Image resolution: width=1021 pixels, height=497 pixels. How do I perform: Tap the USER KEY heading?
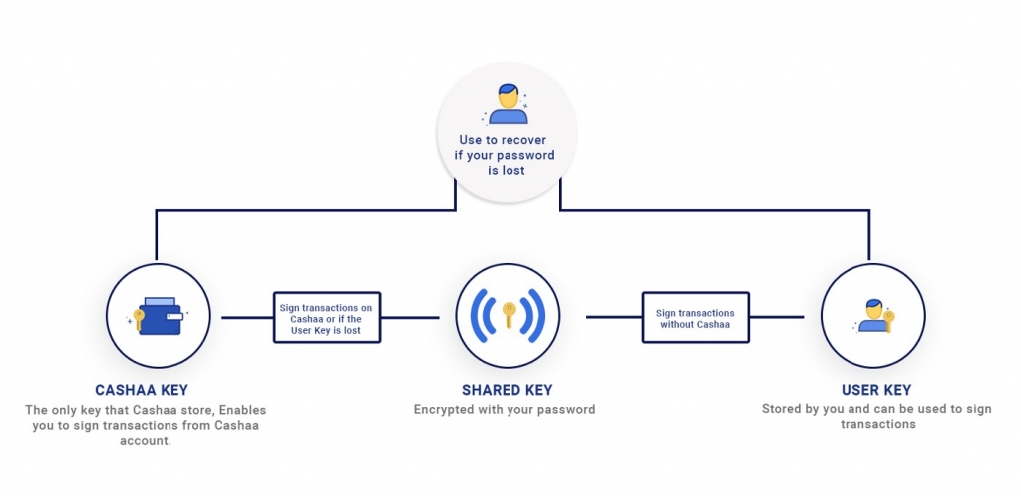pos(876,390)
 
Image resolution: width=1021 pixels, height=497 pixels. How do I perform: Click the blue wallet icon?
pos(160,317)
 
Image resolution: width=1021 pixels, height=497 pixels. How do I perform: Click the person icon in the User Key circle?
pos(874,316)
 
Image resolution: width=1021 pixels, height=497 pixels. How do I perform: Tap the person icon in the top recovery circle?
pos(509,103)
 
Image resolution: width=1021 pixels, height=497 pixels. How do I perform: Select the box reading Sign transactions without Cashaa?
pos(695,318)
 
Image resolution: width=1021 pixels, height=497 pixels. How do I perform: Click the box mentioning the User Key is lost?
pos(325,318)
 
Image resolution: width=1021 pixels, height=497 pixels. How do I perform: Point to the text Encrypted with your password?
pos(505,409)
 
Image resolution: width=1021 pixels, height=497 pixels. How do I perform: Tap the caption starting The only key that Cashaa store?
pos(146,425)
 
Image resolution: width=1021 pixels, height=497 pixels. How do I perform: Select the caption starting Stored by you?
pos(876,416)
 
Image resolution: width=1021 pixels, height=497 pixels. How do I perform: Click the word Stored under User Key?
pos(783,409)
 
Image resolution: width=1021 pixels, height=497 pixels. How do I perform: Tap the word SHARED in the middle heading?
pos(486,390)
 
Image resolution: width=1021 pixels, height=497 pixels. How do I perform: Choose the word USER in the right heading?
pos(859,390)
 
